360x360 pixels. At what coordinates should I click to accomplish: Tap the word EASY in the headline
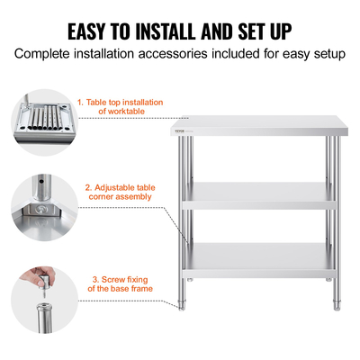tap(86, 31)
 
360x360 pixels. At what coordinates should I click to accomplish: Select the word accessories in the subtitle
tap(173, 54)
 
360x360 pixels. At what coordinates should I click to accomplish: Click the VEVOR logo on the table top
tap(179, 130)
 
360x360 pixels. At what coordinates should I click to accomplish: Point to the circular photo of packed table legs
tap(44, 122)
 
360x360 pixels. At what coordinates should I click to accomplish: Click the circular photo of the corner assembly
tap(44, 208)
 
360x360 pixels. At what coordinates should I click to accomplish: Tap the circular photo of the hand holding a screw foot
tap(44, 300)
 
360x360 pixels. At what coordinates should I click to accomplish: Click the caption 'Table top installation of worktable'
tap(121, 107)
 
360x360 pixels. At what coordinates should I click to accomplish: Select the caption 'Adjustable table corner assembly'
tap(120, 193)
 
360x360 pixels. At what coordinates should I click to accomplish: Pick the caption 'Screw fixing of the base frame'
tap(120, 284)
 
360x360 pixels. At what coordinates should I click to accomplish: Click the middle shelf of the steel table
tap(259, 195)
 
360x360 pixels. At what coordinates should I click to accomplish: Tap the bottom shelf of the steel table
tap(259, 260)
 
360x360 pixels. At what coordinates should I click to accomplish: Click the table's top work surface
tap(259, 125)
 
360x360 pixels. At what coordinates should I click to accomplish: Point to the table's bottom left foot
tap(182, 305)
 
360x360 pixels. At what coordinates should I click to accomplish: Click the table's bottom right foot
tap(337, 305)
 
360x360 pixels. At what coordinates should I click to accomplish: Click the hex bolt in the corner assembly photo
tap(40, 210)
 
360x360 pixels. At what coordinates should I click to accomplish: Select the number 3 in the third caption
tap(95, 280)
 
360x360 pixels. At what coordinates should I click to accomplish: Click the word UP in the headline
tap(281, 31)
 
